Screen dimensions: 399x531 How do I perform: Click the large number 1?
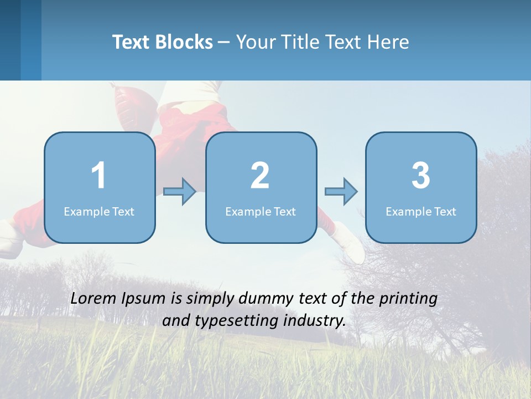pos(98,176)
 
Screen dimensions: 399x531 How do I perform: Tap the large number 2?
pos(260,176)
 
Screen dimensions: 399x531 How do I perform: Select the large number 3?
pos(421,176)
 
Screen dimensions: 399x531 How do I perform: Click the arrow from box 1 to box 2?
pos(180,192)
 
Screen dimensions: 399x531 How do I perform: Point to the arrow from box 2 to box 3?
pos(341,192)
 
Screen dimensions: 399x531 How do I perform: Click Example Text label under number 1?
pos(99,212)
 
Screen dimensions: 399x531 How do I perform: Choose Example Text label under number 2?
pos(261,212)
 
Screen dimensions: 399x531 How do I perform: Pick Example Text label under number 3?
pos(421,212)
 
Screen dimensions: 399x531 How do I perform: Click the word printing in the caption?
pos(408,299)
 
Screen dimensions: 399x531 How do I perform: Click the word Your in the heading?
pos(256,42)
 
